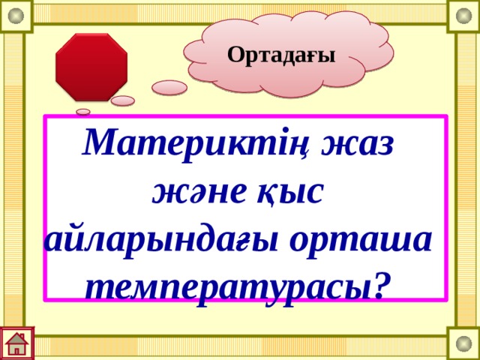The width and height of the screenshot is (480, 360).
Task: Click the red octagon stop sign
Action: pyautogui.click(x=91, y=66)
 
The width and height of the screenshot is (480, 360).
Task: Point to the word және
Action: pyautogui.click(x=196, y=192)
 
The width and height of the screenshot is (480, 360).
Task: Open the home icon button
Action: pyautogui.click(x=16, y=343)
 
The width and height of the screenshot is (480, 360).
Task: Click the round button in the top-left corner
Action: pyautogui.click(x=16, y=15)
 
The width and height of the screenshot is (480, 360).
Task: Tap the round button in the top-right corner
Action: pyautogui.click(x=463, y=15)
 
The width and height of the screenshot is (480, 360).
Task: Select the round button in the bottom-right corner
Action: pyautogui.click(x=463, y=344)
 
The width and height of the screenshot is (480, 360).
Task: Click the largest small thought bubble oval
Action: pyautogui.click(x=169, y=88)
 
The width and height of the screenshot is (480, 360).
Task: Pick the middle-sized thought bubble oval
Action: pyautogui.click(x=122, y=100)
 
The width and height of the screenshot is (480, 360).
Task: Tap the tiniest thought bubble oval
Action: pyautogui.click(x=83, y=112)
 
